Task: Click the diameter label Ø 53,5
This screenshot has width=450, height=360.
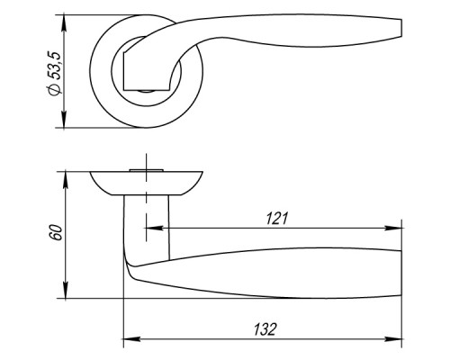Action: (x=55, y=74)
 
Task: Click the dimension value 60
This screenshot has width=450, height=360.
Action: (x=56, y=232)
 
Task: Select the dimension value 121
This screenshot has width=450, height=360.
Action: (x=277, y=219)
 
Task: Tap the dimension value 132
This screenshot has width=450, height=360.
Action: (x=265, y=329)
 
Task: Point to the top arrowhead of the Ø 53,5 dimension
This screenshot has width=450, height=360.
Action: (x=64, y=22)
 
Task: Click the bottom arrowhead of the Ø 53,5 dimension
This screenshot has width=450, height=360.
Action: (x=64, y=119)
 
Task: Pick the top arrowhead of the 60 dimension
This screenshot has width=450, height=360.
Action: (x=66, y=180)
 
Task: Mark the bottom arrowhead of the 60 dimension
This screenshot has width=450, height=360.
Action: (x=66, y=290)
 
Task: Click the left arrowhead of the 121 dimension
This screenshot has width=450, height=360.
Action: (x=154, y=229)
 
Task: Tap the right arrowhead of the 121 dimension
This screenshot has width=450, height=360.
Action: (x=393, y=229)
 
